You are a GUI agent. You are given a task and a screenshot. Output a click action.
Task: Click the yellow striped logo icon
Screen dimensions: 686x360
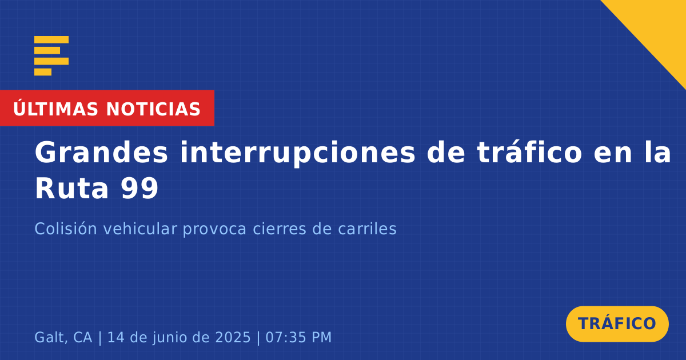51,56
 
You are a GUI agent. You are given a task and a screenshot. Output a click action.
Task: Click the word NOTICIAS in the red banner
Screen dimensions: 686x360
153,109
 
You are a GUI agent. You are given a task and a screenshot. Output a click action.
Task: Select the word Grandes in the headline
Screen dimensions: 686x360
101,153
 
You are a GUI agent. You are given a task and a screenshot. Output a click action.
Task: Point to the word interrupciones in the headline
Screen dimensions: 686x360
297,153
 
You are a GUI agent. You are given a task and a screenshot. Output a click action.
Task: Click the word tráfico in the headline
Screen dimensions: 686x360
529,152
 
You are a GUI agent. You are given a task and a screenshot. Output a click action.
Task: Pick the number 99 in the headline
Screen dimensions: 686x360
139,189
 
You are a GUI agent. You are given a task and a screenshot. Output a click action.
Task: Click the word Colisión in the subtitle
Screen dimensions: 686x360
66,229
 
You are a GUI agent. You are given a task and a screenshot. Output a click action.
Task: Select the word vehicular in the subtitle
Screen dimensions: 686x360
140,229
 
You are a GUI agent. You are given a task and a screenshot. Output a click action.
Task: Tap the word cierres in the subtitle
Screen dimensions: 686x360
280,229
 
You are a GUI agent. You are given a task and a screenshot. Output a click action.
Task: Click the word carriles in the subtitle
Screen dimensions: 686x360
367,229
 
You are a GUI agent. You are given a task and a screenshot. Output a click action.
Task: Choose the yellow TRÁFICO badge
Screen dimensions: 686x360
617,324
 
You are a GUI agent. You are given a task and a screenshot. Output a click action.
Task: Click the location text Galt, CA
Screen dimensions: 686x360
63,338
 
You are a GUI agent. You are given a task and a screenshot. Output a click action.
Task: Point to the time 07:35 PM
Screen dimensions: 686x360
298,337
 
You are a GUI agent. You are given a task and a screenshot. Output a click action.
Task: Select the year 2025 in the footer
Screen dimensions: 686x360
233,337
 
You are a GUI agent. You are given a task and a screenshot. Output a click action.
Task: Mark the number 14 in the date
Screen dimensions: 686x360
115,337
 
